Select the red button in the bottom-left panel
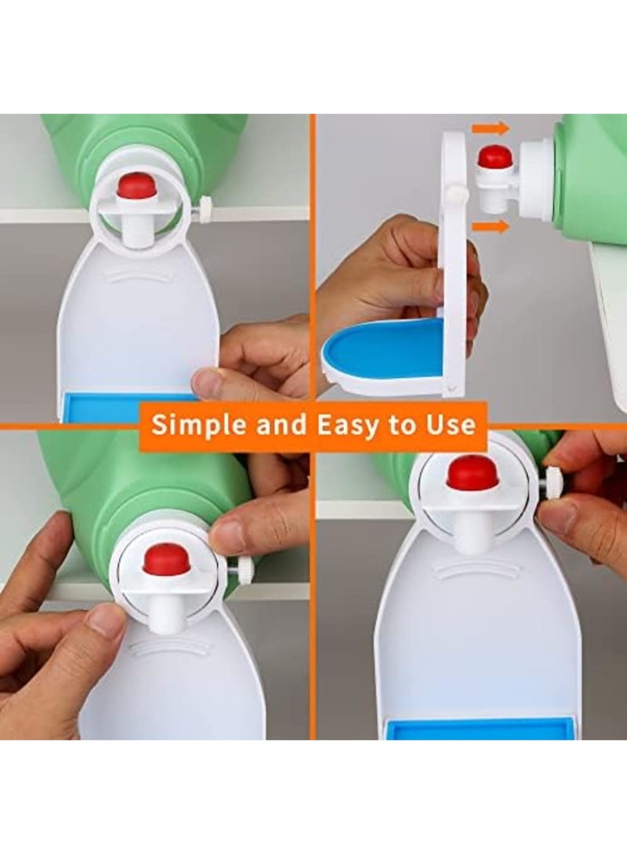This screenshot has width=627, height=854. (166, 559)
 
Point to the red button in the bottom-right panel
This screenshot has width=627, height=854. (473, 473)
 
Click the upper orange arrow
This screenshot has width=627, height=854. (491, 128)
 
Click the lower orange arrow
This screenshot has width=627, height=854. (491, 226)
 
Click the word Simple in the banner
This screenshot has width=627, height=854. (192, 425)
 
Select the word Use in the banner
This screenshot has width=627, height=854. (449, 425)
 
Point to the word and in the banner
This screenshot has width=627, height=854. (283, 425)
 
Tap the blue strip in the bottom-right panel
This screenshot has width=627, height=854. (479, 728)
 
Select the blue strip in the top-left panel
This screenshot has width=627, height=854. (102, 405)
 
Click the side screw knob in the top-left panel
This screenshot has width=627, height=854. (205, 209)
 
